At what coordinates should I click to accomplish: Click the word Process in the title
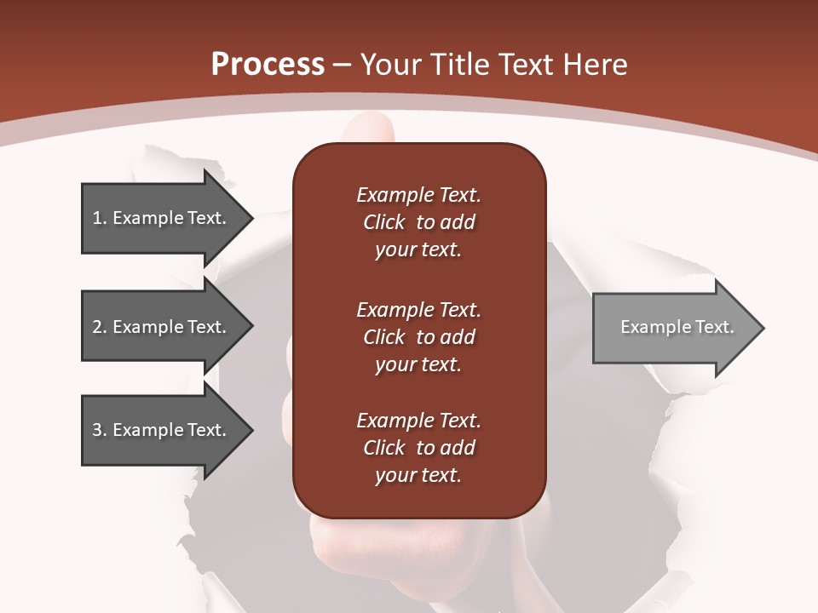(x=268, y=65)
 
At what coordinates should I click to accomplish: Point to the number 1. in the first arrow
(x=99, y=218)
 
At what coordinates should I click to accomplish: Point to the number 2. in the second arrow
(x=99, y=327)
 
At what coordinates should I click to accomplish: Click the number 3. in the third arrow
(x=99, y=430)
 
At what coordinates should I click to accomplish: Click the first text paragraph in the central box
(x=418, y=222)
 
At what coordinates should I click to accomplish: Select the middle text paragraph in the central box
(x=418, y=336)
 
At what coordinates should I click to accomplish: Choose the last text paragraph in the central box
(x=418, y=448)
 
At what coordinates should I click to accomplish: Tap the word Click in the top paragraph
(x=383, y=222)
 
